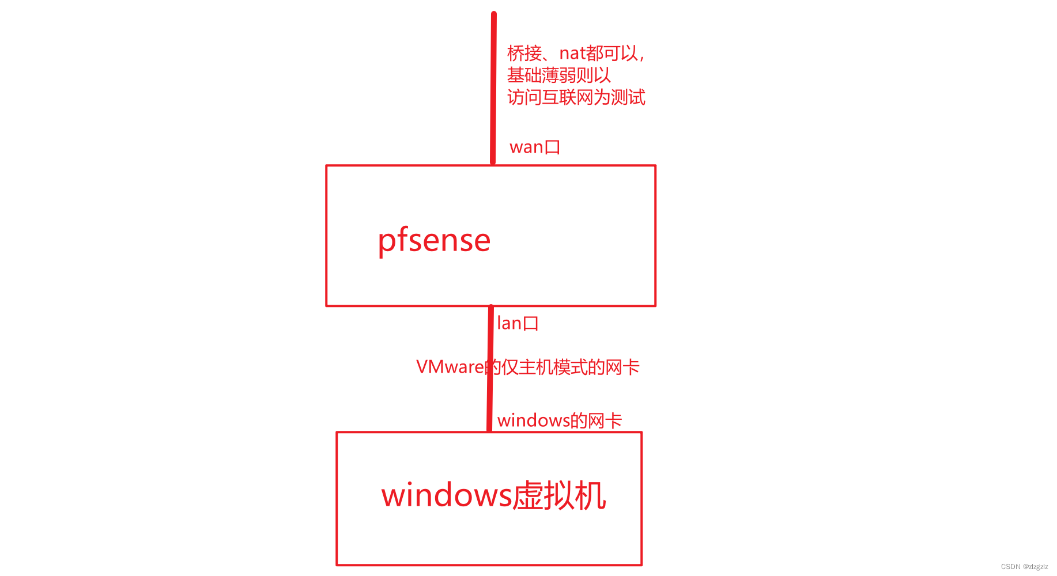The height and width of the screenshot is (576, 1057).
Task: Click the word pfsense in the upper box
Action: (x=434, y=240)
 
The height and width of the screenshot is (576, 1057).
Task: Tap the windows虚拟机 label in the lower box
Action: (x=493, y=495)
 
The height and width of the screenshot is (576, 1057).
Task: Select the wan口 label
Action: (x=535, y=147)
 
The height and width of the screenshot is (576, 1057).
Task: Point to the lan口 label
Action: (x=518, y=323)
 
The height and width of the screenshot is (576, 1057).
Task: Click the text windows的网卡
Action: (x=560, y=420)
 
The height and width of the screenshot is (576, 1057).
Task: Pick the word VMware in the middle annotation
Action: (x=450, y=367)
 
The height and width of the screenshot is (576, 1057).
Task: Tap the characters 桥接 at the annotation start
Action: (x=524, y=54)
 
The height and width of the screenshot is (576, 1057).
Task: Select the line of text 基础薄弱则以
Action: (x=558, y=75)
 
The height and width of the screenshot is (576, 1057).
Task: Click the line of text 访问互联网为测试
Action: (x=576, y=97)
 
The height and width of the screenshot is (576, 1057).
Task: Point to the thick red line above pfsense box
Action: (x=493, y=86)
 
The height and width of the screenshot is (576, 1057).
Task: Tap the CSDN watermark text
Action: (x=1024, y=567)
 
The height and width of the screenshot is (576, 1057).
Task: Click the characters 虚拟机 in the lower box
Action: (x=559, y=495)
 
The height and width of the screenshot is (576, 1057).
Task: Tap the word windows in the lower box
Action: (x=447, y=495)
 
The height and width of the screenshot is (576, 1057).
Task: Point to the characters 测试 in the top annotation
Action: (x=628, y=97)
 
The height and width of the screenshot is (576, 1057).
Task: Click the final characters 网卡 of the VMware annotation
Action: (x=622, y=367)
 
